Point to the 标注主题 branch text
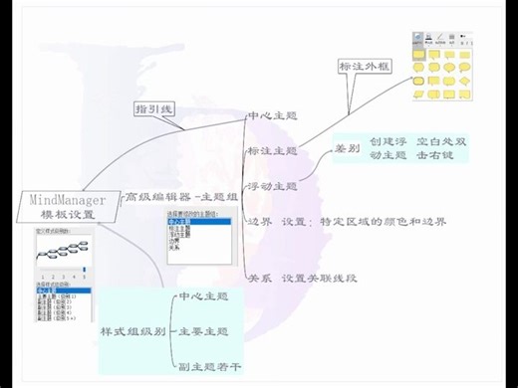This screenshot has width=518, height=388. [x=272, y=151]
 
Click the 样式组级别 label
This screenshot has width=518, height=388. [x=132, y=331]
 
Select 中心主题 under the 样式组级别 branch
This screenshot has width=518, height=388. [x=203, y=296]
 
